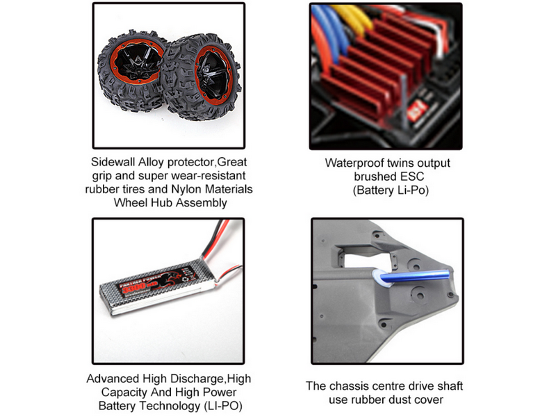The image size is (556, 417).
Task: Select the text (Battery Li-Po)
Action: (x=391, y=190)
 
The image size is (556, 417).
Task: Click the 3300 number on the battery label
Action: (x=133, y=286)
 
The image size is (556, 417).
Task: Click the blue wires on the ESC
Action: (x=328, y=32)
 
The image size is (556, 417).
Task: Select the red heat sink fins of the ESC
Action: (x=376, y=67)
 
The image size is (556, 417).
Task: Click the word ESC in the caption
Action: (x=412, y=177)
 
